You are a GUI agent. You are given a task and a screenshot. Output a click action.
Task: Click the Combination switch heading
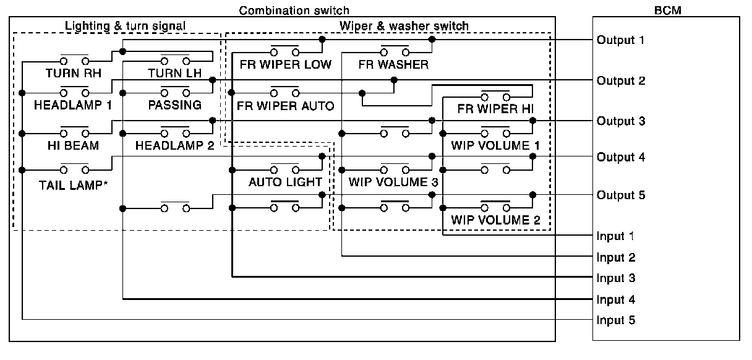coord(294,11)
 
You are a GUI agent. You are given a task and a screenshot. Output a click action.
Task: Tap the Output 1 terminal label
coord(620,40)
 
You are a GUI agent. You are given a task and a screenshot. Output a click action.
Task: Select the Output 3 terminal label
coord(620,121)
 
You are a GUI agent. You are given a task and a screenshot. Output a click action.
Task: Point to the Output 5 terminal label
coord(620,195)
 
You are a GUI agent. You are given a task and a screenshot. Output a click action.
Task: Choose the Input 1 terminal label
coord(616,236)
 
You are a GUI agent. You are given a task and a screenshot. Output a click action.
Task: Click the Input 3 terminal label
coord(616,278)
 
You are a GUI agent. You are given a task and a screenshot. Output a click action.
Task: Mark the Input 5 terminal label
coord(616,320)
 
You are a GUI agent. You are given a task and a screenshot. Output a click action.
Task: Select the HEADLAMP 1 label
coord(73,105)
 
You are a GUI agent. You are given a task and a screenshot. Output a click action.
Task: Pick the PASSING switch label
coord(174,105)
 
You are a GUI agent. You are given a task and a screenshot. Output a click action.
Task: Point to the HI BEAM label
coord(73,145)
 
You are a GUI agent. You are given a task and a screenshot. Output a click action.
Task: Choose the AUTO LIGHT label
coord(285,182)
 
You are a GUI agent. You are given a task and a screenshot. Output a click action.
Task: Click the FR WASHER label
coord(393,64)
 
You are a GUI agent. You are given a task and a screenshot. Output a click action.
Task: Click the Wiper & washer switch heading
coord(404,26)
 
